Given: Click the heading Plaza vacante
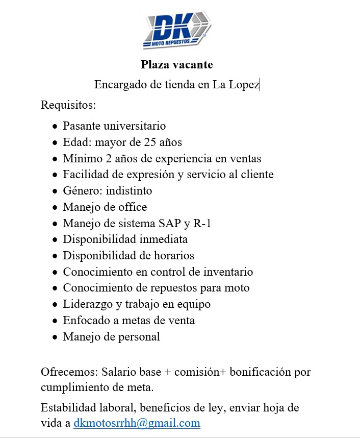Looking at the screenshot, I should [177, 65].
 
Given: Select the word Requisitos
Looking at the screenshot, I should [68, 106].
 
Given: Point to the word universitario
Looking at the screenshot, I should [135, 126].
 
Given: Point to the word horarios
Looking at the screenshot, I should [170, 255].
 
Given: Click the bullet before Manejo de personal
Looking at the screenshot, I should [55, 337].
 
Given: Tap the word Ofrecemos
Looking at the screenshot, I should [69, 372].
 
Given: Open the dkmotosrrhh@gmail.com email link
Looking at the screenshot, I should [137, 423].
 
